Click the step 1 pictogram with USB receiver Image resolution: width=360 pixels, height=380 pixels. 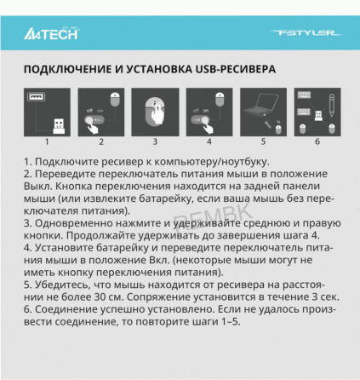point(48,110)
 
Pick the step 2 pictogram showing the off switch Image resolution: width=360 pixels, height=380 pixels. point(101,110)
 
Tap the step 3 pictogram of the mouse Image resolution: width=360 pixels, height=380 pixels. point(156,110)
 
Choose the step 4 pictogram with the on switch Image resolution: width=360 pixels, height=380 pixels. point(209,110)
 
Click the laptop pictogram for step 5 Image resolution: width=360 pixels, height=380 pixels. point(263,110)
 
